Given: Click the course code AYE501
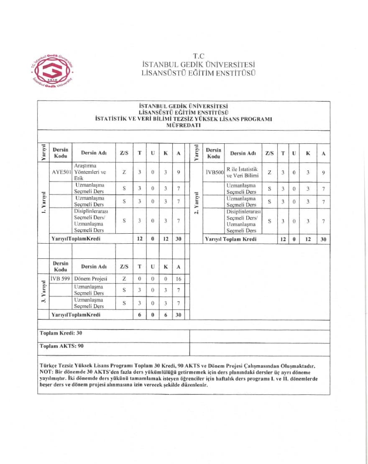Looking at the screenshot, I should [61, 172].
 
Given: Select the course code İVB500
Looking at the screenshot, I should [215, 172].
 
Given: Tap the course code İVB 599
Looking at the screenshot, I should [60, 278].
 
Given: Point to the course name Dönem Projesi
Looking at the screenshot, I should [90, 278].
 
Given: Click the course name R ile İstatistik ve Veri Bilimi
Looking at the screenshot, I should [242, 172].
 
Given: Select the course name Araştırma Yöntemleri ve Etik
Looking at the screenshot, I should [90, 172].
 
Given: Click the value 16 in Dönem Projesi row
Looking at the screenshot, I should [179, 278].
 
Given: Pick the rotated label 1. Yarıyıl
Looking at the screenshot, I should [43, 203].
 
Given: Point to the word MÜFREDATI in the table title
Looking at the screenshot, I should [184, 125].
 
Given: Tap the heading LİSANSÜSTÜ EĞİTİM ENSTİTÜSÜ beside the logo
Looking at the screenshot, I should [199, 72].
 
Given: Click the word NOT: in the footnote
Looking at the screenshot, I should [46, 372].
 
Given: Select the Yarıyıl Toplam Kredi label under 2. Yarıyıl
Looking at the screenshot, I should [230, 239].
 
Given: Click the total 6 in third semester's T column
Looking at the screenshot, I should [139, 314].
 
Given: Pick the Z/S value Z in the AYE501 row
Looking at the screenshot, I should [124, 172].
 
